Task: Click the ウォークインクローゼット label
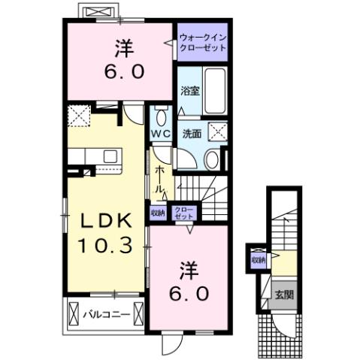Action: [203, 42]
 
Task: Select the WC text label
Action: [160, 134]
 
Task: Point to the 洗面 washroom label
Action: [192, 134]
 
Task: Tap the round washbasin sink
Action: [212, 159]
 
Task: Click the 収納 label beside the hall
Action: [156, 212]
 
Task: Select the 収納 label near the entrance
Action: [259, 260]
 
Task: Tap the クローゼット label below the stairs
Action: [182, 212]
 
